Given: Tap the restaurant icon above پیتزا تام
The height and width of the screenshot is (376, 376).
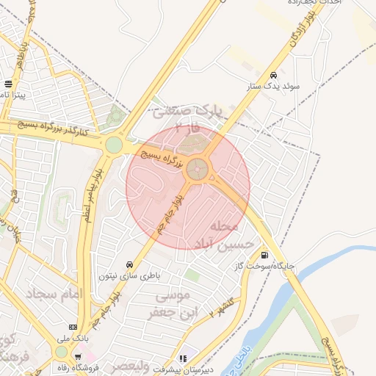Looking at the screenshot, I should (8, 83).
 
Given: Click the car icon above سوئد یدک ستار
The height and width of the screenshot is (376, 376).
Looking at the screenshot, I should (274, 75).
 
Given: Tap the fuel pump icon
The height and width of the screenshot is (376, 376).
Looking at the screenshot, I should (264, 256).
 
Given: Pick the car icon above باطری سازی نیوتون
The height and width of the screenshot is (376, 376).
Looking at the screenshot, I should (130, 264).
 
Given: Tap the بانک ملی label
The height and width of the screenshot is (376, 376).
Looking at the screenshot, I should (73, 339).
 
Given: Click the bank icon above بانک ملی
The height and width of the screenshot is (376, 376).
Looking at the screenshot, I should (73, 327).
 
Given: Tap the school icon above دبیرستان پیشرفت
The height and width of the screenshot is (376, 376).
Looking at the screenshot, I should (184, 358).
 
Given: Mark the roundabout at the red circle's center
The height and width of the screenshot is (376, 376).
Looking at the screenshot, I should (196, 170).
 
